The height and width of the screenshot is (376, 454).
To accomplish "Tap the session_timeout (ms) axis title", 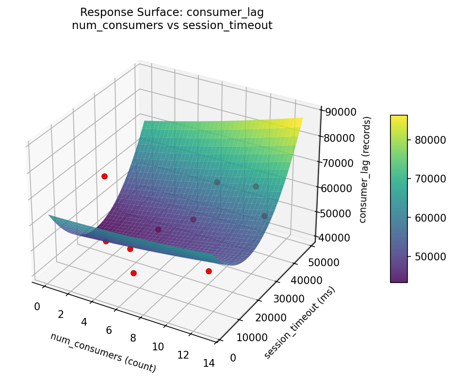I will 299,323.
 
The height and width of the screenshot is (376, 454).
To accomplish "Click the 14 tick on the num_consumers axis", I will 209,364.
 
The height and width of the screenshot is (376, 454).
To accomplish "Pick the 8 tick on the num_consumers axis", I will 133,338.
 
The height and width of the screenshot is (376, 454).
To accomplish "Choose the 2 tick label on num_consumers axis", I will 61,315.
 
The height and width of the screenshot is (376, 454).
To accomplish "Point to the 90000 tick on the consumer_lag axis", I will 340,112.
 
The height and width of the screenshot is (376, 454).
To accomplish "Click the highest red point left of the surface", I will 104,176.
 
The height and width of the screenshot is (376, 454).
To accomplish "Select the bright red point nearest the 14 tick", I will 209,271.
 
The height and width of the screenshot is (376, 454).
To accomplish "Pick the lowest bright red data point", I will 133,273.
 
